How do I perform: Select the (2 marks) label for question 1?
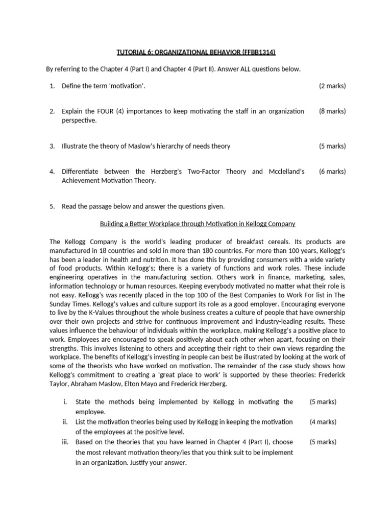tap(332, 86)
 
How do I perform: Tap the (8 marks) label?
tap(332, 111)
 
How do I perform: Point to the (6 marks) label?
tap(332, 172)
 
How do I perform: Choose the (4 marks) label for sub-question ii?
tap(323, 422)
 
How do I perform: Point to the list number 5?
tap(52, 206)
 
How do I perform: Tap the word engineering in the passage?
tap(68, 277)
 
